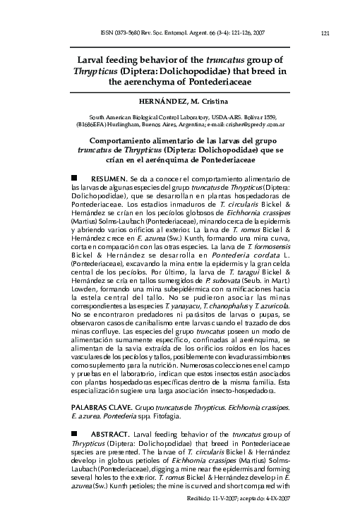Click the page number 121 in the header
[x=325, y=32]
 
